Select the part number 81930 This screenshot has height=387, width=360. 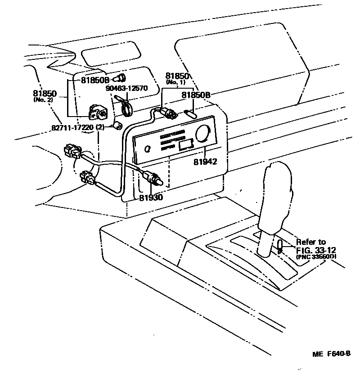pyautogui.click(x=150, y=197)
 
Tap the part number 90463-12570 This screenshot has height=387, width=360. pyautogui.click(x=126, y=88)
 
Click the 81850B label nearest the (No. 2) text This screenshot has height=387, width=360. pyautogui.click(x=95, y=81)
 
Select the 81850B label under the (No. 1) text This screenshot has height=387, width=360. pyautogui.click(x=196, y=95)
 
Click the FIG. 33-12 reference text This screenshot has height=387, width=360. pyautogui.click(x=316, y=250)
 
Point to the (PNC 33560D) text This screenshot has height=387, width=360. pyautogui.click(x=316, y=256)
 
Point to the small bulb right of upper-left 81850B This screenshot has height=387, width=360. pyautogui.click(x=121, y=77)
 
